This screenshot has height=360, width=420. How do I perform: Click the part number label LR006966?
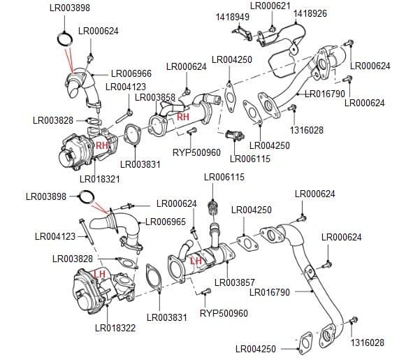pyautogui.click(x=131, y=73)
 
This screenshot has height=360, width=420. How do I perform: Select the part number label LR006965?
pyautogui.click(x=166, y=222)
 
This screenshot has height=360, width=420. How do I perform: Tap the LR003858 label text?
pyautogui.click(x=154, y=97)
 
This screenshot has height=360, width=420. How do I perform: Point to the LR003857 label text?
pyautogui.click(x=235, y=282)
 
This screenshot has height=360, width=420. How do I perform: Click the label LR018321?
pyautogui.click(x=100, y=180)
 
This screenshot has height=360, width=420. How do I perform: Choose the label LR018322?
pyautogui.click(x=115, y=328)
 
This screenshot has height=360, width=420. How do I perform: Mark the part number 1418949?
pyautogui.click(x=233, y=16)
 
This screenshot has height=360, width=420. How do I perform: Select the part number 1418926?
pyautogui.click(x=310, y=13)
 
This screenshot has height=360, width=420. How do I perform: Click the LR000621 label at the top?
pyautogui.click(x=270, y=6)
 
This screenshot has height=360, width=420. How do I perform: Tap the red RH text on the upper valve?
pyautogui.click(x=102, y=145)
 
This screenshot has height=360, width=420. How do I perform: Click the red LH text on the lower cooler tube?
pyautogui.click(x=196, y=261)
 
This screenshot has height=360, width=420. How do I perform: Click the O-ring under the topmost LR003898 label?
pyautogui.click(x=64, y=38)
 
